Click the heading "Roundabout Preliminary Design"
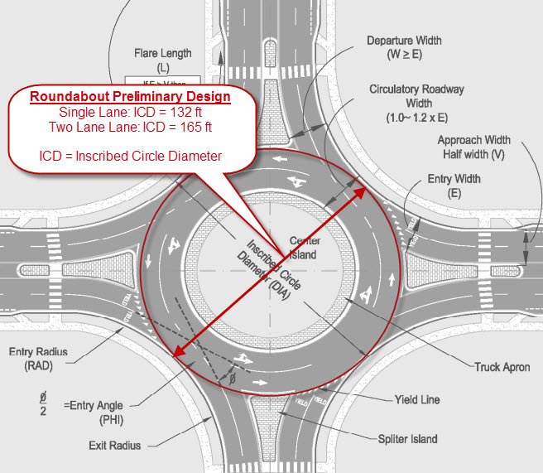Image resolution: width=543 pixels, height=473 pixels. [x=130, y=97]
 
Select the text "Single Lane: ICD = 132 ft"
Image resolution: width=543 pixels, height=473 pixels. [x=130, y=112]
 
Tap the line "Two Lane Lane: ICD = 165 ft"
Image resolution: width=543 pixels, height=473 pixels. [x=130, y=127]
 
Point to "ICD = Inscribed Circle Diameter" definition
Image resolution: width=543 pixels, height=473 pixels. [x=130, y=155]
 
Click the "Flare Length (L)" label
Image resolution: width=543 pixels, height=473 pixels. [x=163, y=60]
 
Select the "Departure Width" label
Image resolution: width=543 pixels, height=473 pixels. [x=404, y=41]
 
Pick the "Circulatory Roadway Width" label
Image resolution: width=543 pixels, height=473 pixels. [x=416, y=96]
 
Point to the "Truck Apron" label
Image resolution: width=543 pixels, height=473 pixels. [x=502, y=367]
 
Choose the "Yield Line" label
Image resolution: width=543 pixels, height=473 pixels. [x=416, y=400]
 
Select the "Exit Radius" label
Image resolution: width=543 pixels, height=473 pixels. [x=114, y=446]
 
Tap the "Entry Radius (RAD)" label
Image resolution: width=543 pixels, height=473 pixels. [x=38, y=358]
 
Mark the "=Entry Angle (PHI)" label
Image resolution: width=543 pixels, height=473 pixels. [x=93, y=412]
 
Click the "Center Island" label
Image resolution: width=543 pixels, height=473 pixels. [x=303, y=248]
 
